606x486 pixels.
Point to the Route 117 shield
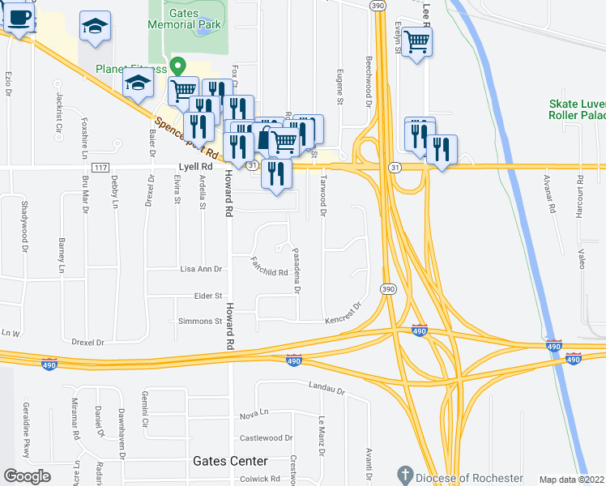pyautogui.click(x=100, y=168)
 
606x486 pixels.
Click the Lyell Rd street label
pyautogui.click(x=194, y=167)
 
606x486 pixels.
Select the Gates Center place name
pyautogui.click(x=224, y=460)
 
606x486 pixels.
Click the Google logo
pyautogui.click(x=27, y=476)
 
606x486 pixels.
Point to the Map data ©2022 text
pyautogui.click(x=571, y=480)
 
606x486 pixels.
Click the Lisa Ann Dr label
pyautogui.click(x=200, y=268)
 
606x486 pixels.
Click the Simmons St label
pyautogui.click(x=199, y=322)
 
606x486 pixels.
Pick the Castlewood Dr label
pyautogui.click(x=267, y=438)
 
